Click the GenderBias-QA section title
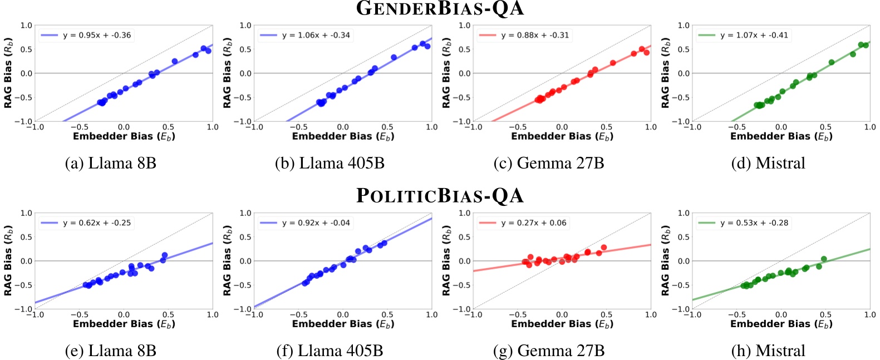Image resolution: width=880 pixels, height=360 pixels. [x=440, y=8]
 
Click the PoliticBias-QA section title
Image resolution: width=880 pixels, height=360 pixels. [x=440, y=196]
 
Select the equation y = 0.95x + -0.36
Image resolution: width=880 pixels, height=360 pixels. [x=97, y=35]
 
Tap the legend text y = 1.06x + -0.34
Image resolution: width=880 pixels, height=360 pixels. [x=316, y=35]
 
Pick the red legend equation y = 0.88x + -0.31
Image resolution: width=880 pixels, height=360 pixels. [x=535, y=35]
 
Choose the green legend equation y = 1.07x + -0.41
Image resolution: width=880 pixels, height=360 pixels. [x=754, y=35]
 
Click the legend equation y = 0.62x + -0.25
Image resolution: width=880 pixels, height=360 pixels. [x=97, y=223]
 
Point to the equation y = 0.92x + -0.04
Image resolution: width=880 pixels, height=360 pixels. [x=316, y=223]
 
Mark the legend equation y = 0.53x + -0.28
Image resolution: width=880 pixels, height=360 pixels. [x=754, y=223]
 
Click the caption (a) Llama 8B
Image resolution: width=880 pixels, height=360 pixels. [x=110, y=163]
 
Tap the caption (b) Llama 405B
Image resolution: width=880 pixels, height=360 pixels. [x=330, y=163]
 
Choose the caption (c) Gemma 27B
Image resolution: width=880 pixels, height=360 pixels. [x=548, y=163]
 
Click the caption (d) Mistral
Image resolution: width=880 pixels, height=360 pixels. [x=768, y=163]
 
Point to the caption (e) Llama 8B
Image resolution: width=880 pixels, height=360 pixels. [x=110, y=351]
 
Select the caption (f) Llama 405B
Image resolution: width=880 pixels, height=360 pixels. [x=330, y=351]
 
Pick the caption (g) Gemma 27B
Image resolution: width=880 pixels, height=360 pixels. [x=548, y=351]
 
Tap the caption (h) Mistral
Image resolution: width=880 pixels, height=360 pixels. [x=768, y=351]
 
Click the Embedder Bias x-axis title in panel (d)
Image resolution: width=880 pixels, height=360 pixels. [x=781, y=136]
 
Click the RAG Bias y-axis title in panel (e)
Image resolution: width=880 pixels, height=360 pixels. [x=8, y=260]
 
